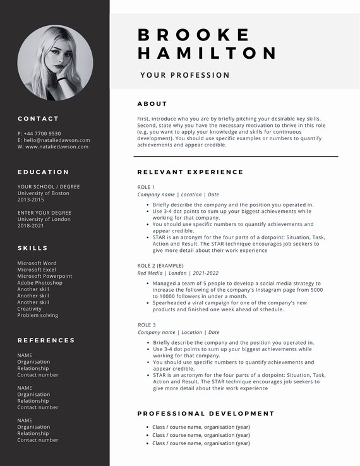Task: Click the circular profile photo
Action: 55,63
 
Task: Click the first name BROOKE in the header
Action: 194,35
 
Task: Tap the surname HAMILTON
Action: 207,53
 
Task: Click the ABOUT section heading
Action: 152,104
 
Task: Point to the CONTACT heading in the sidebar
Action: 38,119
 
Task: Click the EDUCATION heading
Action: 43,172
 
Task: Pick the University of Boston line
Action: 43,193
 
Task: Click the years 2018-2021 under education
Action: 30,225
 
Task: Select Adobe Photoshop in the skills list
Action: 40,283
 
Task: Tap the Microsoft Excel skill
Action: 37,270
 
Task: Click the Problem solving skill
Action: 37,315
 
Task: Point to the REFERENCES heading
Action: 46,340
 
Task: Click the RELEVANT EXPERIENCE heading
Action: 190,172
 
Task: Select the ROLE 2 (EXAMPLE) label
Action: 160,266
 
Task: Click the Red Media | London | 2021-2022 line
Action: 178,273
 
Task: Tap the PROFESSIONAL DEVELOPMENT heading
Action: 206,414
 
